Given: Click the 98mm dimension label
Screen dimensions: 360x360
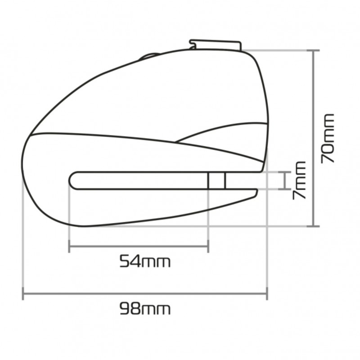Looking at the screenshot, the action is click(145, 309).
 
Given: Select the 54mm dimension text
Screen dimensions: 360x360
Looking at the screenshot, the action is click(145, 261).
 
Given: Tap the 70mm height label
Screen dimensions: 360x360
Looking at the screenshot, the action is click(327, 139).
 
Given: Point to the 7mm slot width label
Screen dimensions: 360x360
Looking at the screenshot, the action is click(299, 180).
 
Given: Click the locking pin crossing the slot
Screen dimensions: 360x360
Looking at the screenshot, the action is click(217, 181).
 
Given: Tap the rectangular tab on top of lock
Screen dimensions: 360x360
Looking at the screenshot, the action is click(215, 45).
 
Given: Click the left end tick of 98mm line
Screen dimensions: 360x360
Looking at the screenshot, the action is click(23, 293).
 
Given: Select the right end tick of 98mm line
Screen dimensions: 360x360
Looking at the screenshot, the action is click(267, 293).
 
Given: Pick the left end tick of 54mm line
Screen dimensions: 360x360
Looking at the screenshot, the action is click(69, 246).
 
